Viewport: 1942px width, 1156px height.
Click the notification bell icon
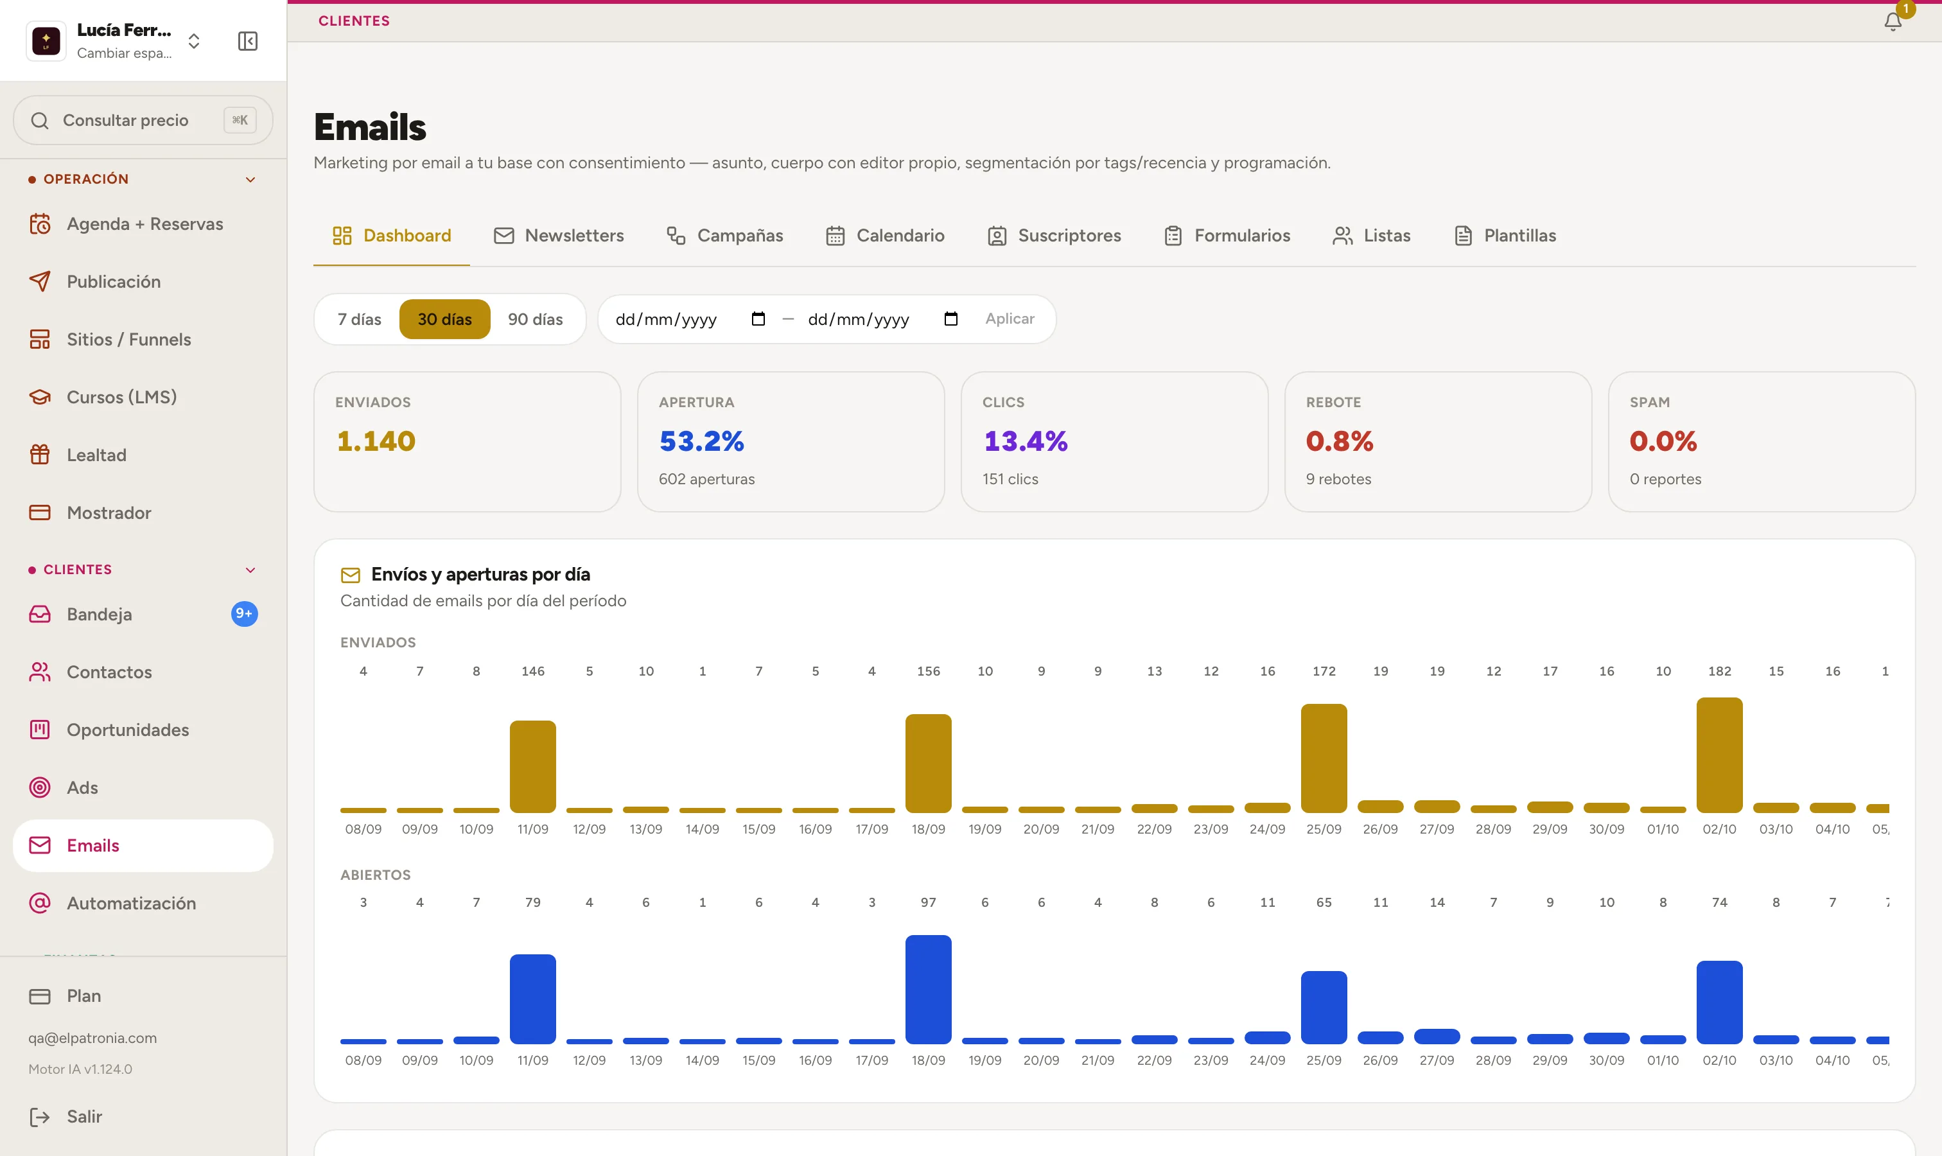[1892, 22]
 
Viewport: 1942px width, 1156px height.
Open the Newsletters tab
[559, 235]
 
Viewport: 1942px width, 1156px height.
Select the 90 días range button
[535, 319]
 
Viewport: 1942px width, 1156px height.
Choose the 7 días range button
[359, 319]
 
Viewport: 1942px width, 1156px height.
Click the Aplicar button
[1010, 319]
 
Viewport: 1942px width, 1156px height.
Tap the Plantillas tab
[1505, 235]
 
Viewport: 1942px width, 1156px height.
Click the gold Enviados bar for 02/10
[1719, 755]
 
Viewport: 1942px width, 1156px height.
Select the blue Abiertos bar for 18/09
[928, 988]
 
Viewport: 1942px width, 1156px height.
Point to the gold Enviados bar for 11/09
[533, 767]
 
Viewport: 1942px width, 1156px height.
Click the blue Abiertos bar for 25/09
[1324, 1006]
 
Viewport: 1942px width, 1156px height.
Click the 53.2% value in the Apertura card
[701, 441]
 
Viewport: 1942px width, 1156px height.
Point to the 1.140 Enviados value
[376, 441]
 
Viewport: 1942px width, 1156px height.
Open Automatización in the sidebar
[131, 903]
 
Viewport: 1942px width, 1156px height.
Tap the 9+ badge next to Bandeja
[244, 614]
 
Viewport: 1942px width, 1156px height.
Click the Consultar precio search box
[143, 120]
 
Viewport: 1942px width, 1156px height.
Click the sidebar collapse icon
[248, 41]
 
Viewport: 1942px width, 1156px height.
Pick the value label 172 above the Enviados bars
[1324, 670]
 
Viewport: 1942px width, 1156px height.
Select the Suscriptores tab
[1054, 235]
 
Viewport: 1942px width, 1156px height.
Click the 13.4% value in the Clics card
[1025, 441]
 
